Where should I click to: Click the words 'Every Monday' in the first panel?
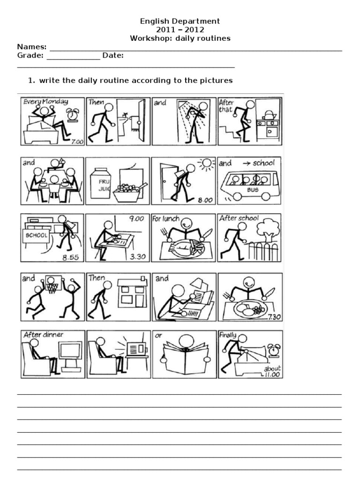(45, 102)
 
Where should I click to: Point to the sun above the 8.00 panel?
(206, 164)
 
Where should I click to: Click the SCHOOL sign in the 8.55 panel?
(36, 235)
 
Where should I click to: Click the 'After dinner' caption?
(43, 335)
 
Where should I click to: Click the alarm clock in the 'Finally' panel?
(274, 349)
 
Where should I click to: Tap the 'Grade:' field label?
(30, 55)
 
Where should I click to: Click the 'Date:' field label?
(113, 55)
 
